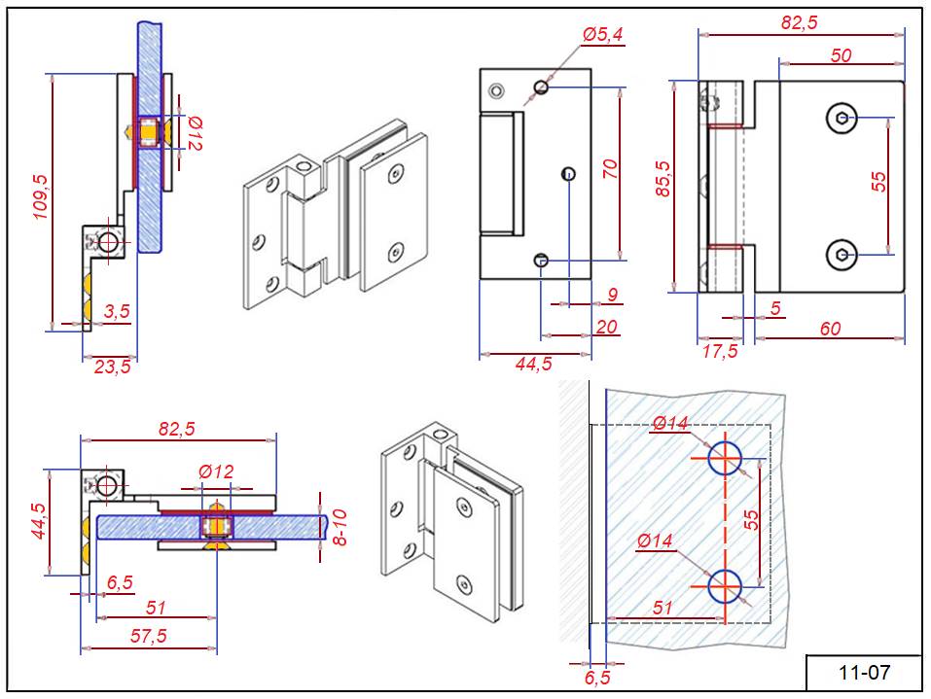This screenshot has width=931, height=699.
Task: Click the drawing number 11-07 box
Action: [863, 672]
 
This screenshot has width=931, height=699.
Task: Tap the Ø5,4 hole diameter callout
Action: [603, 36]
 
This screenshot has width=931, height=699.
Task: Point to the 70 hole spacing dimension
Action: [610, 169]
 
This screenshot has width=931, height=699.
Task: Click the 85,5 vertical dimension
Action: [664, 180]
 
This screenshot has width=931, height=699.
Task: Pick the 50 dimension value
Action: [841, 55]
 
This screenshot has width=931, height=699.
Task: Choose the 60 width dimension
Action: [830, 329]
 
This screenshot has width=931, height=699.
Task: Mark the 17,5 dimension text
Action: [720, 351]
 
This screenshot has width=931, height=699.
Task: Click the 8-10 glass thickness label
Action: [340, 526]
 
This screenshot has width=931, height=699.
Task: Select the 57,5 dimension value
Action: [148, 636]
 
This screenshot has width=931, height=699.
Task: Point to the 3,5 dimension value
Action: [117, 312]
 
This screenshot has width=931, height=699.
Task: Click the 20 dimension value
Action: [606, 327]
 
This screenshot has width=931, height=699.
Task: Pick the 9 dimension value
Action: [612, 294]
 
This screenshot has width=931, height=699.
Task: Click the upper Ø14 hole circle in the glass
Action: [725, 457]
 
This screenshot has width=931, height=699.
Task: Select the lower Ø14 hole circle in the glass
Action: [725, 585]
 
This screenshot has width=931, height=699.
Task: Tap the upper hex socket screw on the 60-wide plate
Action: [841, 119]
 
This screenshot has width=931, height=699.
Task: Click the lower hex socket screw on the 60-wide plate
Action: [841, 255]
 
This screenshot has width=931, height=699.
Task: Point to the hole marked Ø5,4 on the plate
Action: [542, 87]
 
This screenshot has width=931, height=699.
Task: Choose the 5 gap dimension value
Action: [774, 308]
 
